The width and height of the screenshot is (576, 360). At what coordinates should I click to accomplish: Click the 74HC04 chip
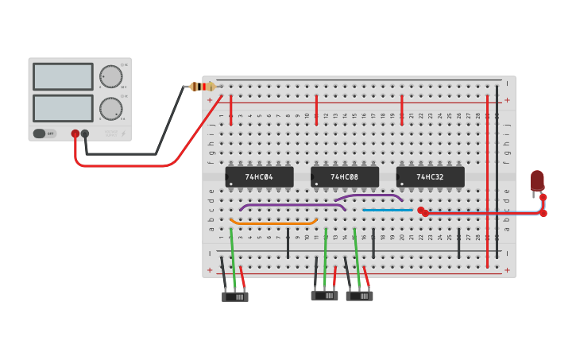tap(259, 176)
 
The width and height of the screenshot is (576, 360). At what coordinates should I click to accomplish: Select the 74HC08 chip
tap(345, 176)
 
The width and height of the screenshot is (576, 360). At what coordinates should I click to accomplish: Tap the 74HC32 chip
tap(430, 176)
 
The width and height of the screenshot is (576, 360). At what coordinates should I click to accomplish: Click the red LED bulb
tap(537, 180)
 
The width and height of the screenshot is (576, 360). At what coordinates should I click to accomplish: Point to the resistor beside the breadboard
tap(203, 87)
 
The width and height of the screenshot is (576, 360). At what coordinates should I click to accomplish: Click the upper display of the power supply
tap(63, 77)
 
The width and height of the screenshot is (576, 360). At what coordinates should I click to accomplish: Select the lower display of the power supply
tap(63, 108)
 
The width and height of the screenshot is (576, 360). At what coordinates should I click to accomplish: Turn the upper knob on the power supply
tap(110, 77)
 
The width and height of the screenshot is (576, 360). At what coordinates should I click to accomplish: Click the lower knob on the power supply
tap(110, 109)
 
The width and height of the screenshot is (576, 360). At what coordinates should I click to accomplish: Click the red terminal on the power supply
tap(75, 134)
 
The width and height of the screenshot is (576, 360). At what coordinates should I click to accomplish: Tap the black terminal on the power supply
tap(85, 134)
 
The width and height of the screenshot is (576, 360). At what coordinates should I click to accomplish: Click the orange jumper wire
tap(273, 223)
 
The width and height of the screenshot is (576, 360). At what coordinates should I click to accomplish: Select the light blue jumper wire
tap(388, 210)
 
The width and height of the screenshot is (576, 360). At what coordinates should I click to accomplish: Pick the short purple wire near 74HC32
tap(369, 195)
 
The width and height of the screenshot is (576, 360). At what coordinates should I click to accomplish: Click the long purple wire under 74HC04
tap(292, 205)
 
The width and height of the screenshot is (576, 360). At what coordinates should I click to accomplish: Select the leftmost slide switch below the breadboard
tap(235, 296)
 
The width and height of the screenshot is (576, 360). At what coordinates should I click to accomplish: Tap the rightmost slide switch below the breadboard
tap(360, 296)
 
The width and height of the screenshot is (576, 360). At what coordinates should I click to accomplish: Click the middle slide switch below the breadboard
tap(324, 296)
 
